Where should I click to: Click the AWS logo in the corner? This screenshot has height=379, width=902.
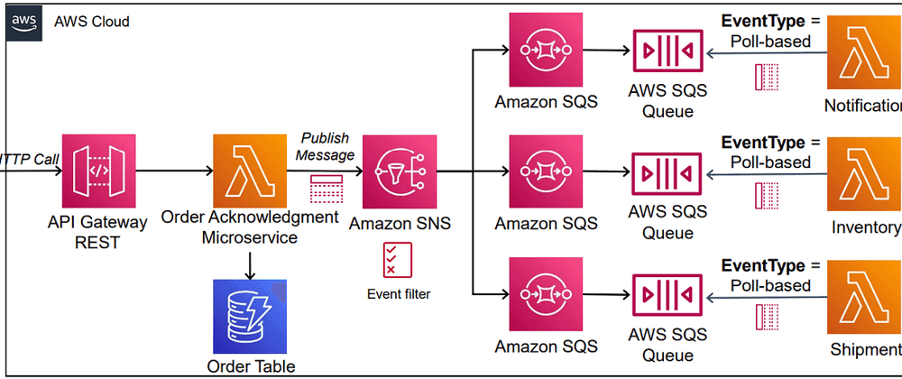(x=25, y=22)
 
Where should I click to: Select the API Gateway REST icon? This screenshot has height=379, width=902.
(x=98, y=171)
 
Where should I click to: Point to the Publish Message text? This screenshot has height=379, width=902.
(x=327, y=147)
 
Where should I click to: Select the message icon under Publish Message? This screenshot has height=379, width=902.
(x=327, y=189)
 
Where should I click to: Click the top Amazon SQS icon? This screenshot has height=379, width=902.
(x=546, y=49)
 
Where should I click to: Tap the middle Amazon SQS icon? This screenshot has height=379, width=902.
(x=546, y=171)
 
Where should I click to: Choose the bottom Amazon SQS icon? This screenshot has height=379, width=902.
(x=546, y=294)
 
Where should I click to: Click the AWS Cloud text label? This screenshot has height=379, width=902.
(x=91, y=21)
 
